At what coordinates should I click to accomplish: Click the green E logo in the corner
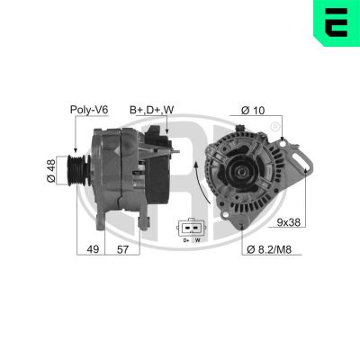[x=336, y=23]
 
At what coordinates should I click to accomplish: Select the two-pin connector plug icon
[x=191, y=226]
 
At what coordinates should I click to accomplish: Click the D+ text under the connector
[x=185, y=240]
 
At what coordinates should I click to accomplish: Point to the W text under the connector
[x=197, y=240]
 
